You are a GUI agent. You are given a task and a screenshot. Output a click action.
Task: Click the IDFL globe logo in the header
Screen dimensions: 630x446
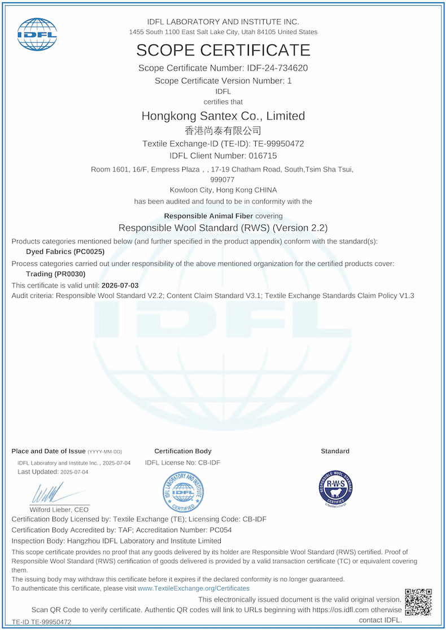tap(37, 34)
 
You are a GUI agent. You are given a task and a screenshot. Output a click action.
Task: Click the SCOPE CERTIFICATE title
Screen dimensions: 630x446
tap(223, 50)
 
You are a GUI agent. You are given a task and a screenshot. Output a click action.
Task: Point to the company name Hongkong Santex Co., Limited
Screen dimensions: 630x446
tap(223, 116)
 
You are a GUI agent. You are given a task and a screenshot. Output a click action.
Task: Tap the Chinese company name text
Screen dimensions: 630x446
tap(223, 130)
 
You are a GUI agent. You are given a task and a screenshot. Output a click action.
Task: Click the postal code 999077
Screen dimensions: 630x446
tap(222, 179)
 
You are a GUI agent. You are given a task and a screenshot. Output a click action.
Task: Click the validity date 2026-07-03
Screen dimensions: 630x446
tap(120, 285)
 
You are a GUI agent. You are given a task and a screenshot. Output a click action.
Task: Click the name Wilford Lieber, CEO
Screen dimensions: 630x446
tap(59, 509)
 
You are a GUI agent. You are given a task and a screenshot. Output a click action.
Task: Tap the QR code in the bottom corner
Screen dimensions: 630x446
tap(418, 602)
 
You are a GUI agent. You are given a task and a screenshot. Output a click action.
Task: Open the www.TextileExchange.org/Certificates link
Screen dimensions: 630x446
tap(194, 588)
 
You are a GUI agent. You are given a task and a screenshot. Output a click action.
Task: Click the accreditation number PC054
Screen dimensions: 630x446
tap(221, 530)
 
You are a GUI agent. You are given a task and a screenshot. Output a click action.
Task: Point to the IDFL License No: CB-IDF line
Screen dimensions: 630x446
tap(182, 462)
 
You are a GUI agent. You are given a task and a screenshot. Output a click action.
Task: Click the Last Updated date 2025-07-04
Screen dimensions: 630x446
tap(74, 472)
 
